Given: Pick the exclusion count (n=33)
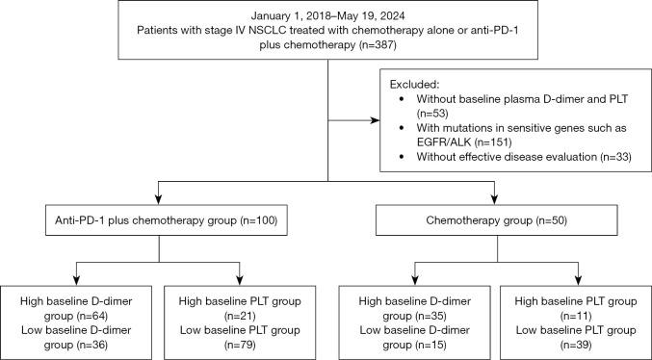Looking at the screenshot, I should (610, 159).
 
